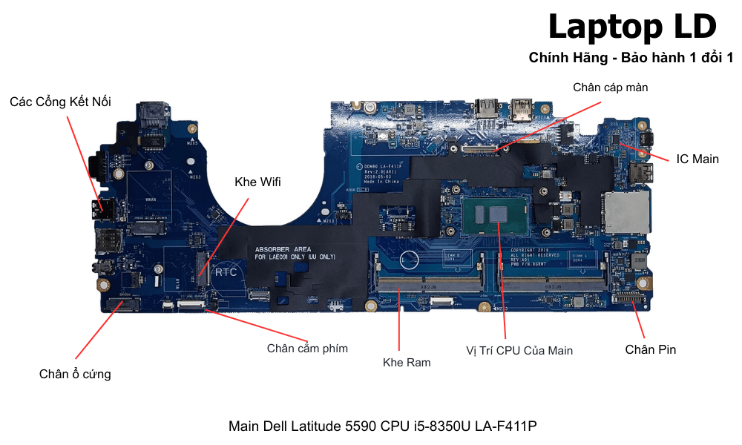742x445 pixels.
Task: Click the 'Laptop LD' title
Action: tap(632, 27)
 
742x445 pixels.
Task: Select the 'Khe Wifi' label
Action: tap(257, 182)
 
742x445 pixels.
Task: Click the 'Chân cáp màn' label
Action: tap(610, 88)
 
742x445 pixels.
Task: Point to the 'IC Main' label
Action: tap(697, 159)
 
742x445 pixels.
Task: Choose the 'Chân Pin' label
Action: tap(650, 349)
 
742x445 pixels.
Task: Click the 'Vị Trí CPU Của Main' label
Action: tap(519, 350)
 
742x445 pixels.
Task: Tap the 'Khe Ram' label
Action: tap(407, 363)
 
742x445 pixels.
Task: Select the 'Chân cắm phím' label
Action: tap(307, 348)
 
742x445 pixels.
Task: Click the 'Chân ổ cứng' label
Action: tap(75, 374)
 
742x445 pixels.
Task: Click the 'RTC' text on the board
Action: tap(226, 272)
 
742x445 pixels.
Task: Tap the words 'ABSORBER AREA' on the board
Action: tap(283, 249)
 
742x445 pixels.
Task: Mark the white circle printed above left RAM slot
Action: tap(407, 260)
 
